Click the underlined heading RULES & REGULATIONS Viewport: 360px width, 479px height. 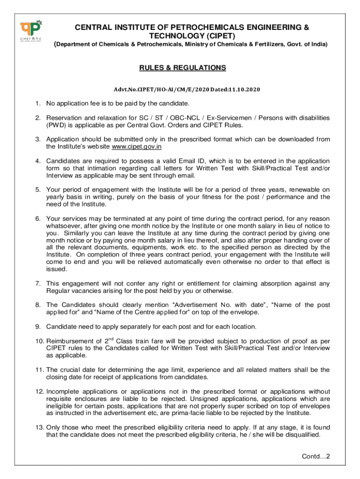[x=182, y=68]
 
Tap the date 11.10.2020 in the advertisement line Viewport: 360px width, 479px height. [x=244, y=89]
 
